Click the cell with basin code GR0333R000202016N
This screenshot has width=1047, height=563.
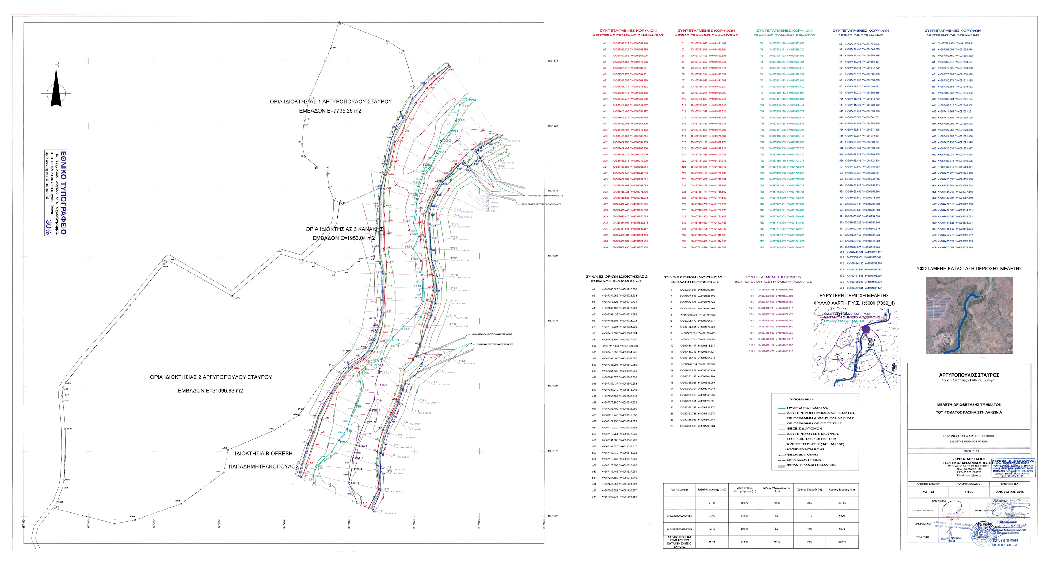coord(679,529)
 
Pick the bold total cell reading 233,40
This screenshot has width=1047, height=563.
coord(842,542)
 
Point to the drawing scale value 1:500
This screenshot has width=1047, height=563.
coord(969,492)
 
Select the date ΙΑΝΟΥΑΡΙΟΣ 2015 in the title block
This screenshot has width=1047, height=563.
coord(1010,492)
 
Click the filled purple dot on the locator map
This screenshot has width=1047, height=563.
coord(866,329)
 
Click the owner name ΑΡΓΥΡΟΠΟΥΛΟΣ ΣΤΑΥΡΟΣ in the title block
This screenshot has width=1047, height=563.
coord(969,375)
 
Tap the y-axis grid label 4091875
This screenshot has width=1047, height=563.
coord(552,61)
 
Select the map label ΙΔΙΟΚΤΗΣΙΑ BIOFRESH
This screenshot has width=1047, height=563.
coord(263,453)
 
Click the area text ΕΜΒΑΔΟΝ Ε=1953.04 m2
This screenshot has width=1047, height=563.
coord(344,238)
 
